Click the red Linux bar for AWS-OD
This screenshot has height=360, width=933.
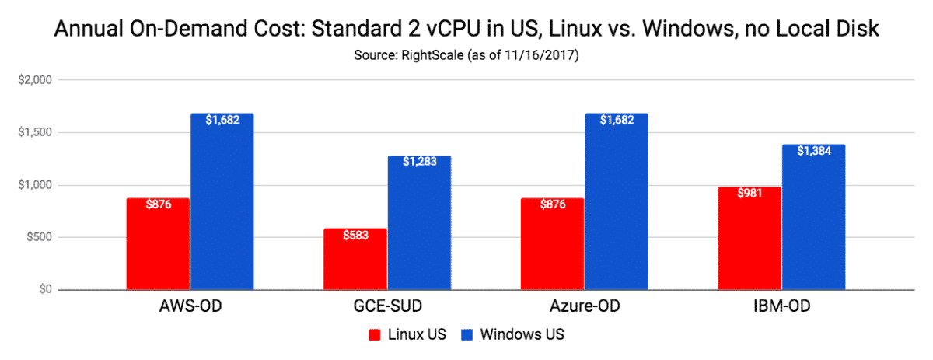[158, 244]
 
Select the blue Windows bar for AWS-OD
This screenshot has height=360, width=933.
[222, 202]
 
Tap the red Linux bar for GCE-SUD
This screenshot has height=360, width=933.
[355, 259]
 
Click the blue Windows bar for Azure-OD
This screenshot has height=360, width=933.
[617, 202]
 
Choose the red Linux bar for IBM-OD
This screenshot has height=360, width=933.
[750, 239]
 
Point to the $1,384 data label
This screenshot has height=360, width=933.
[813, 151]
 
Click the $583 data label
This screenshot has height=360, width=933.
[355, 236]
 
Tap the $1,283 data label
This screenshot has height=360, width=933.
[419, 162]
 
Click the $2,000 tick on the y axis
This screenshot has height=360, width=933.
[34, 80]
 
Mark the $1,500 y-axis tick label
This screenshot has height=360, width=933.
[34, 132]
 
